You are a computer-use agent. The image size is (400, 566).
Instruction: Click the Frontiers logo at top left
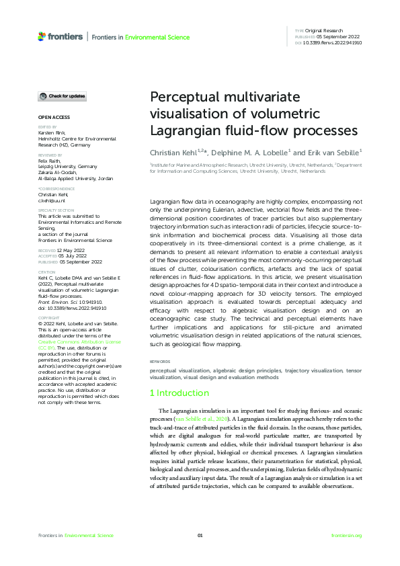61,36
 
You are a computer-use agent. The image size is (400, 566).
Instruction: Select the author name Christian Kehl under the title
173,153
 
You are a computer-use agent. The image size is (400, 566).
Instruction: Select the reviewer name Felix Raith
48,160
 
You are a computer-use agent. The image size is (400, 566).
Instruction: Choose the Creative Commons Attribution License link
67,343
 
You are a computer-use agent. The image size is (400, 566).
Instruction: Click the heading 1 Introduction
179,393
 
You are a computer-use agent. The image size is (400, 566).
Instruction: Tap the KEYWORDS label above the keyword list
160,362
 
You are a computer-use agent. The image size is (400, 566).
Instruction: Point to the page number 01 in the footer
200,535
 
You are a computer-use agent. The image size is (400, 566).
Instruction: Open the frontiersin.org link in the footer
347,535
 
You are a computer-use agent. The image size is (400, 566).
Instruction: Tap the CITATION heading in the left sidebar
46,272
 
